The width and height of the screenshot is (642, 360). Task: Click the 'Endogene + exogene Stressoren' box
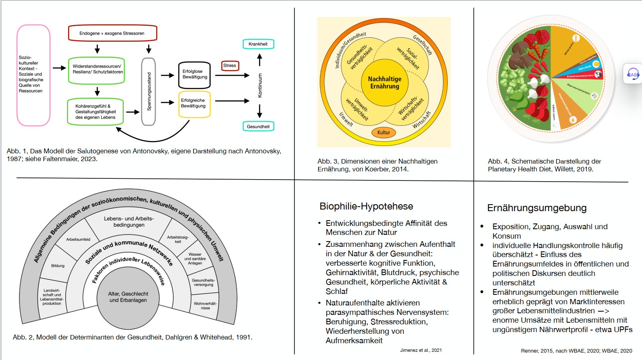[112, 33]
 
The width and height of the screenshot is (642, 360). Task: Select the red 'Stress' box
[230, 66]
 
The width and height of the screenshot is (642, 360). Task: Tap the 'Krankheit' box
[258, 44]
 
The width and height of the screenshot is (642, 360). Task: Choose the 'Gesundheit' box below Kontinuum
[258, 126]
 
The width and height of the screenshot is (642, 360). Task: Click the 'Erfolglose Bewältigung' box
[194, 75]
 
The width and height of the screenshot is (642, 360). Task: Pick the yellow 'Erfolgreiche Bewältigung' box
[194, 104]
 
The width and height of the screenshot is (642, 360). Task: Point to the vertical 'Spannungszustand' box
[148, 91]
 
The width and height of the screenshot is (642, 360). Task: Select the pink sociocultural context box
[33, 75]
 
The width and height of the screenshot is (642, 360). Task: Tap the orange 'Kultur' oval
[384, 132]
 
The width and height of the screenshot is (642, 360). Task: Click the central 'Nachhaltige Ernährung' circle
[385, 82]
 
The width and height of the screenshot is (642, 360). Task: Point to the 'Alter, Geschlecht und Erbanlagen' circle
[128, 297]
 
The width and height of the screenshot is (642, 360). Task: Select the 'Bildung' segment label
[58, 266]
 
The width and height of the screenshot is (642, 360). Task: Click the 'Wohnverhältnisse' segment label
[205, 305]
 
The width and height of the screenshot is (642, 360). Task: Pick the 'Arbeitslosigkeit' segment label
[178, 239]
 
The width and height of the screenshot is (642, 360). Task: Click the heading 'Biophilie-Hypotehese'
[366, 206]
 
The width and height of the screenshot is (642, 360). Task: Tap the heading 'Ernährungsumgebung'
[537, 208]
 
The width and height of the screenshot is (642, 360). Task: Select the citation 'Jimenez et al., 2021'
[421, 350]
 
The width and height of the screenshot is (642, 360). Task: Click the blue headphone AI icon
[633, 74]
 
